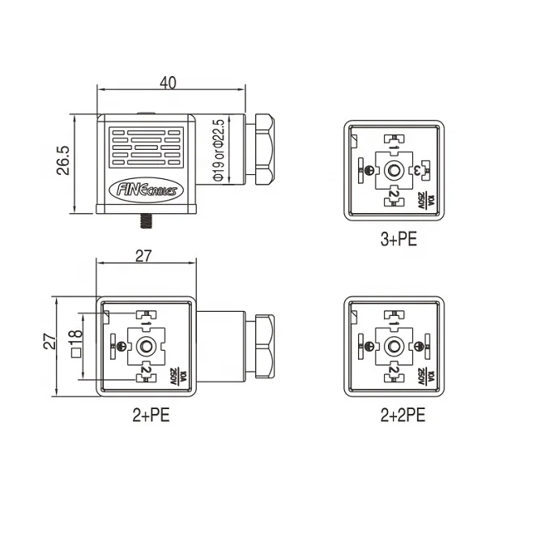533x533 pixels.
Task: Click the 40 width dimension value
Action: pos(168,82)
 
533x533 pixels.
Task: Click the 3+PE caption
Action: pos(394,240)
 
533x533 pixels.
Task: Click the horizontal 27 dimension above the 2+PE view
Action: pos(144,258)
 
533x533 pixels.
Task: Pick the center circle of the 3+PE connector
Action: pos(394,170)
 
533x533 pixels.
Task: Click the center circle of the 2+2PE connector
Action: pos(394,346)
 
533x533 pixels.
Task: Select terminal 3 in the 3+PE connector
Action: pos(420,170)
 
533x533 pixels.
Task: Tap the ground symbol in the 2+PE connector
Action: pos(122,346)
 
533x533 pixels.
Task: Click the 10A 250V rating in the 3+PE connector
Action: pos(424,199)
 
